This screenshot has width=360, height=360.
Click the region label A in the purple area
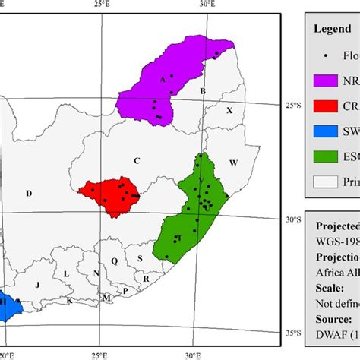click(162, 79)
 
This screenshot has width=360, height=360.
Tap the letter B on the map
click(202, 91)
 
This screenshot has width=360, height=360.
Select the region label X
click(229, 111)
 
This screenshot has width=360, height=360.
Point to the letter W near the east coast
click(233, 163)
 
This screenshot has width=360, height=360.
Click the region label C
click(137, 160)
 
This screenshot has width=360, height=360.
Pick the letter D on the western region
click(28, 194)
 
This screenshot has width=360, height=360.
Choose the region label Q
click(115, 261)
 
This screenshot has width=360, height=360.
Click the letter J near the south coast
click(36, 284)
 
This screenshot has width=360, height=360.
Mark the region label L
click(66, 274)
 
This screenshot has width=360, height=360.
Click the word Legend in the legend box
click(332, 29)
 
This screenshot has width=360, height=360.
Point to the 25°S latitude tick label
click(291, 107)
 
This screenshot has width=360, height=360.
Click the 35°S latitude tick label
click(291, 333)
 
